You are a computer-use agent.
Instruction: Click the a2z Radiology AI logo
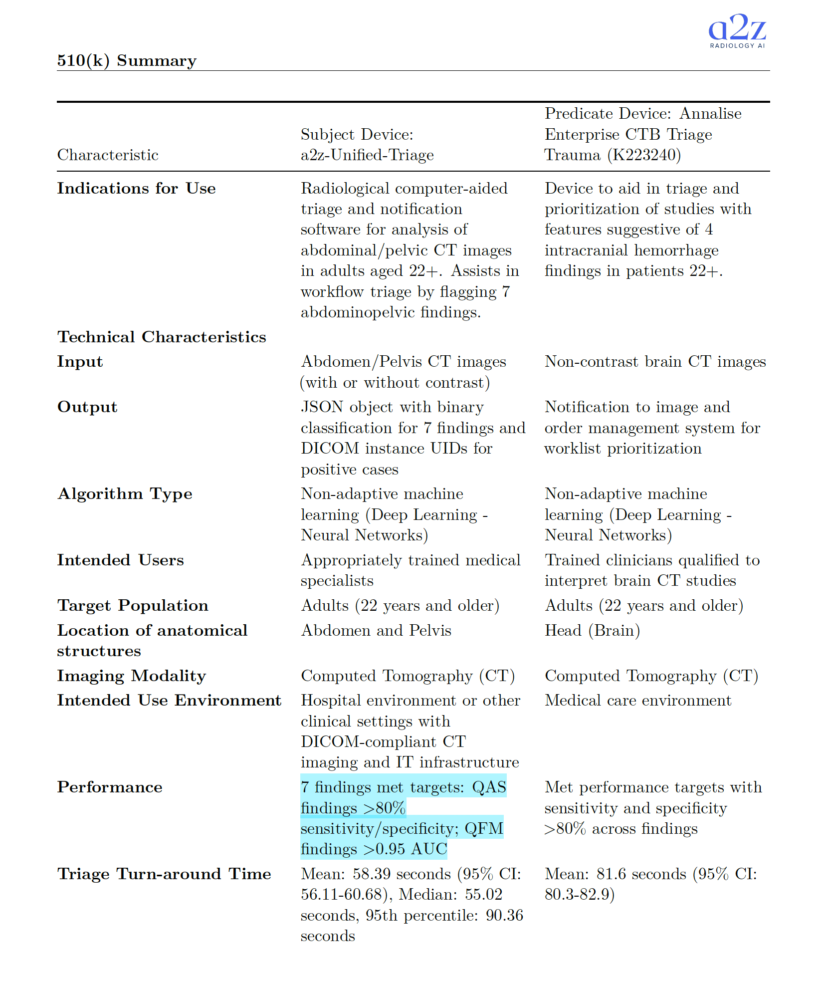(737, 31)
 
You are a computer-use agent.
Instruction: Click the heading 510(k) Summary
(127, 60)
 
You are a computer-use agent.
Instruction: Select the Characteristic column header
(108, 155)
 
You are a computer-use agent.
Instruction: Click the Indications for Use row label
(136, 188)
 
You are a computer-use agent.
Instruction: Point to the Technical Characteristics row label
(162, 337)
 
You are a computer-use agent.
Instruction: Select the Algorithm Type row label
(125, 493)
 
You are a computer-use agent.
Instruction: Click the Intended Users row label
(120, 560)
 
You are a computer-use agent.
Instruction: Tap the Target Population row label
(133, 605)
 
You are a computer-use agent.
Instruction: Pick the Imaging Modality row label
(131, 676)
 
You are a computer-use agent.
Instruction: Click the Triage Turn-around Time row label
(164, 874)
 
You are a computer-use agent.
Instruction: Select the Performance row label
(110, 787)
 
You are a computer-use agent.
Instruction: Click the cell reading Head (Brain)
(592, 630)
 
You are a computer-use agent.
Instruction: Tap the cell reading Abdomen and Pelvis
(376, 630)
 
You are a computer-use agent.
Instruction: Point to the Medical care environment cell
(638, 700)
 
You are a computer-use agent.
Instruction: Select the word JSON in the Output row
(322, 407)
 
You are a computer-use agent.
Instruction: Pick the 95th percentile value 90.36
(504, 915)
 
